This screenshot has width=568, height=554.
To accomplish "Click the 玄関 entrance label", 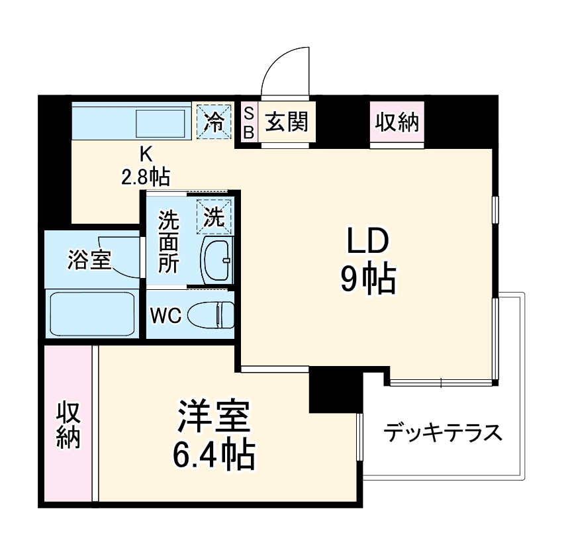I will tap(287, 122).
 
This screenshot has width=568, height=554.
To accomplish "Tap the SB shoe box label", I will tap(249, 122).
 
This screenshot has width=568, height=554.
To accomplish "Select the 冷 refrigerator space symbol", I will tap(214, 121).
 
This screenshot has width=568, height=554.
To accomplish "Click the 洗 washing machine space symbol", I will tap(214, 216).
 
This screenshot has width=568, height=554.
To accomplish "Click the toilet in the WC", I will tap(211, 314).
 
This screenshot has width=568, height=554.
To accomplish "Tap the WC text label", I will tap(165, 316).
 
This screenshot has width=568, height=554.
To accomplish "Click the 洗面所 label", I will tap(168, 242).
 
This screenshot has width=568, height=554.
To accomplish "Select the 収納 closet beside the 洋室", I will tap(68, 424).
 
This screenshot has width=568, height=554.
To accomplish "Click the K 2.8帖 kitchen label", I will tap(145, 164).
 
